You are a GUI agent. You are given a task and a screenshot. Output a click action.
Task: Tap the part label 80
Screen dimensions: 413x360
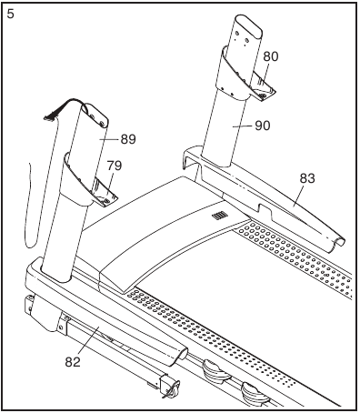(x=270, y=55)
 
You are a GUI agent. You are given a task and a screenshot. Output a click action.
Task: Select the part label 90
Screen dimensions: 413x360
(x=262, y=126)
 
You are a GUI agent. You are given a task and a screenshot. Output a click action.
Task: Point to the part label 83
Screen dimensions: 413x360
(x=307, y=178)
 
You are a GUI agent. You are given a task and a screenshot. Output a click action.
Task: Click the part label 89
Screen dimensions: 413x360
(x=127, y=139)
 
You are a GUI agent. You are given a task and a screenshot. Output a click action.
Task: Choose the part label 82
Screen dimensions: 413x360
(x=74, y=362)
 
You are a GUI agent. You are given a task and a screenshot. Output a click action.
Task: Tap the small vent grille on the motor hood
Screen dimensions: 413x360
(x=218, y=216)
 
